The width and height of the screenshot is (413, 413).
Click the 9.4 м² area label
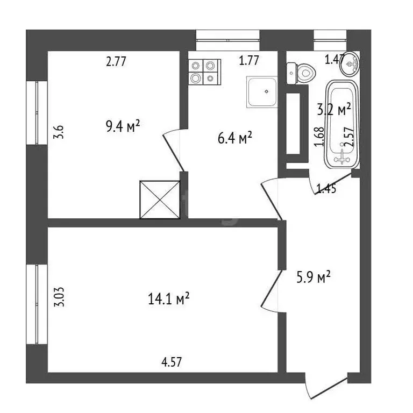tap(123, 126)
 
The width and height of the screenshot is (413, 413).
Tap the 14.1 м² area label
tap(169, 298)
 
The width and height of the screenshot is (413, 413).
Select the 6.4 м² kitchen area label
tap(235, 138)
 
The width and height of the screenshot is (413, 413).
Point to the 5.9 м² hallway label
tap(314, 276)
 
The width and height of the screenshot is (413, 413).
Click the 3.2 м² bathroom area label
tap(334, 109)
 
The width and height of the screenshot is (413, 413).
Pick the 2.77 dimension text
tap(116, 61)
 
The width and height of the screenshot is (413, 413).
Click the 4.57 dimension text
tap(172, 362)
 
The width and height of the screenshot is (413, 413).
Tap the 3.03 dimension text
tap(59, 297)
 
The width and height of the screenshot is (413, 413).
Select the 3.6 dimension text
tap(59, 132)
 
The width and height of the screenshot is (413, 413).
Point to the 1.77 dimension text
tap(249, 60)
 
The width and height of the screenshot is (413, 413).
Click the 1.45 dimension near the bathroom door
tap(326, 189)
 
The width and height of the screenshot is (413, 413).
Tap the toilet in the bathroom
tap(301, 73)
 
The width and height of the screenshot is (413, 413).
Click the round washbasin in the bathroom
tap(350, 63)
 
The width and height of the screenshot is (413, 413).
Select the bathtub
tap(342, 124)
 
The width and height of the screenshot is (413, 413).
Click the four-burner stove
tap(205, 72)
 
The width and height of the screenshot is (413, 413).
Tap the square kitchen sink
tap(262, 91)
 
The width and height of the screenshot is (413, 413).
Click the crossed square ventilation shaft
tap(160, 200)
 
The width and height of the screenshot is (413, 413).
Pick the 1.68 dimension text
tap(319, 136)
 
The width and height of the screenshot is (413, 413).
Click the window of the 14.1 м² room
tap(37, 304)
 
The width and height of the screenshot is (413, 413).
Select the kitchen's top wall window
tap(228, 40)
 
